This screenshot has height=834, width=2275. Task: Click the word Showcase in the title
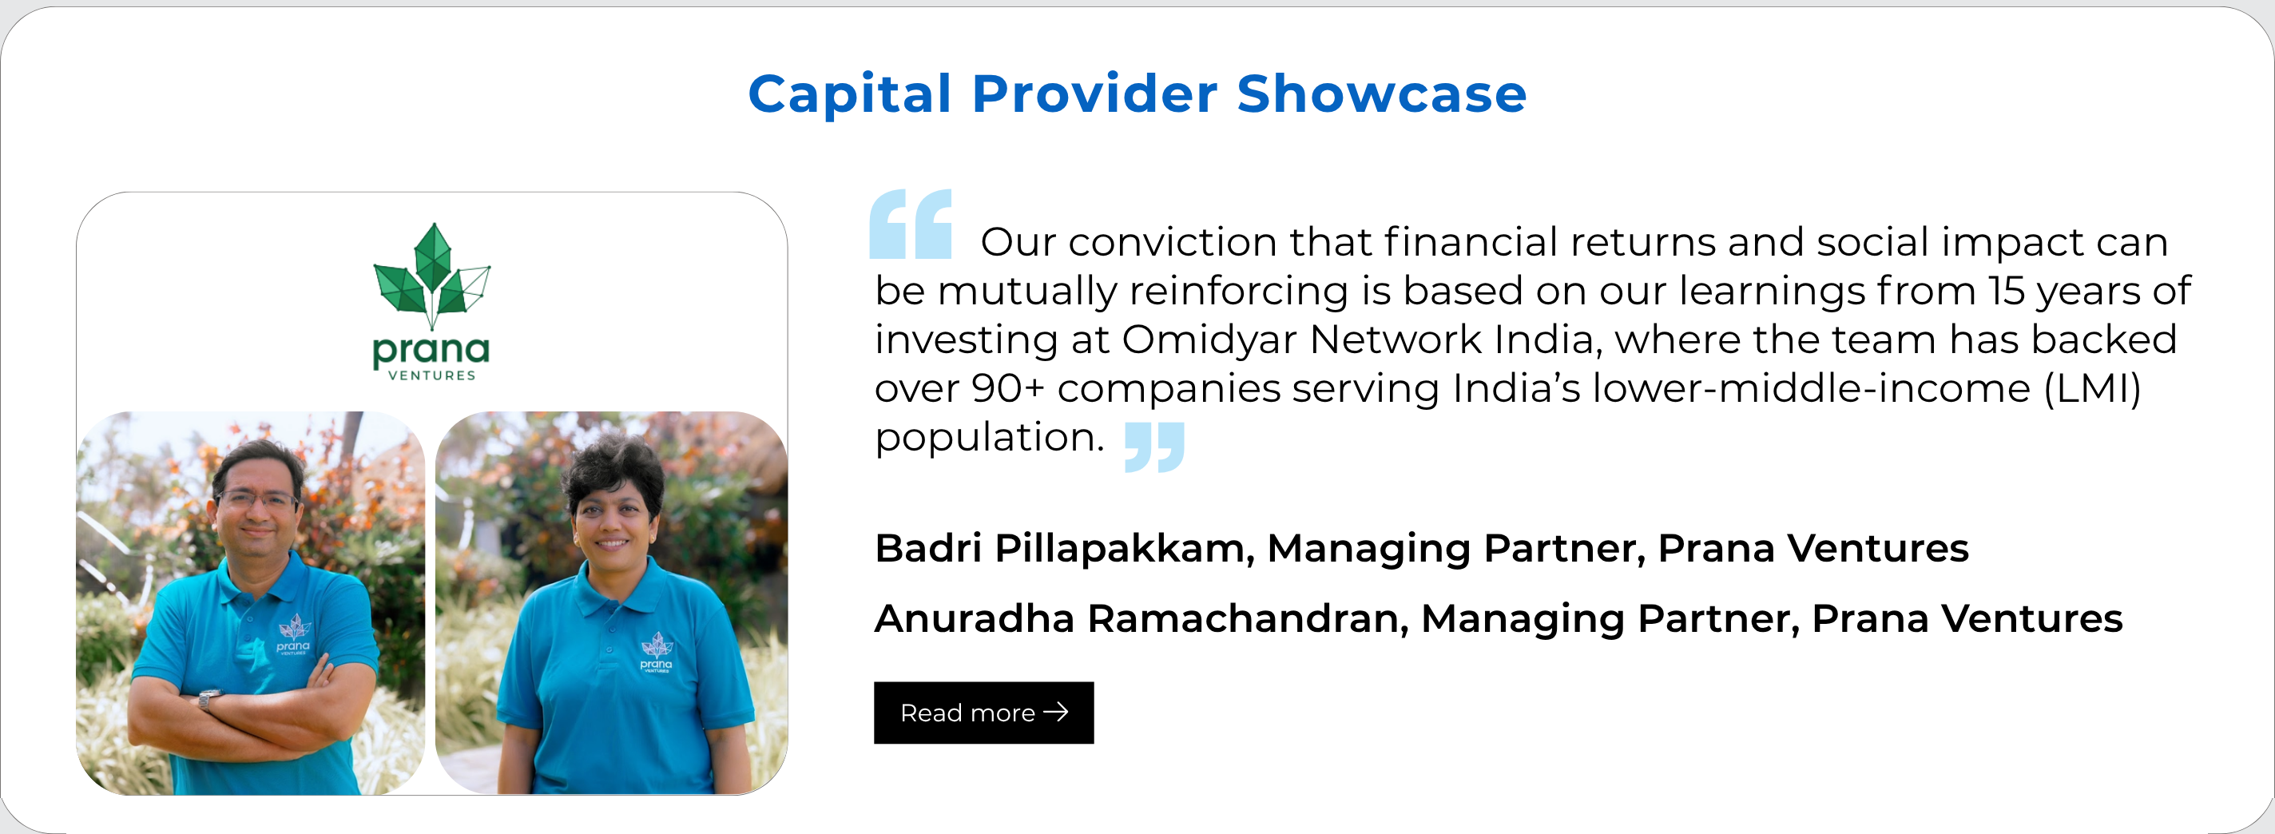coord(1381,93)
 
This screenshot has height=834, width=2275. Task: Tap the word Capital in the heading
coord(851,94)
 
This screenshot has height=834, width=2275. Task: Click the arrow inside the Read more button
coord(1056,711)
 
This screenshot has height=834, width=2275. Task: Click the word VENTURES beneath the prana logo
coord(432,375)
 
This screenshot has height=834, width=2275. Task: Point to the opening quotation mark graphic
coord(911,224)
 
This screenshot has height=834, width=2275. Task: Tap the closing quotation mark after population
coord(1154,447)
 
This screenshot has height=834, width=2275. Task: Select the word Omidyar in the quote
coord(1210,340)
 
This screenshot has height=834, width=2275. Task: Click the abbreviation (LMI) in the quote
coord(2092,389)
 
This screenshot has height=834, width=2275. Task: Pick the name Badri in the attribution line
coord(927,548)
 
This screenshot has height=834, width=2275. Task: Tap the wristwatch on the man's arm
coord(207,700)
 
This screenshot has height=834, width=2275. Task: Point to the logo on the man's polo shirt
coord(294,634)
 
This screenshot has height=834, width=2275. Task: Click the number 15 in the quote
coord(2007,292)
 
